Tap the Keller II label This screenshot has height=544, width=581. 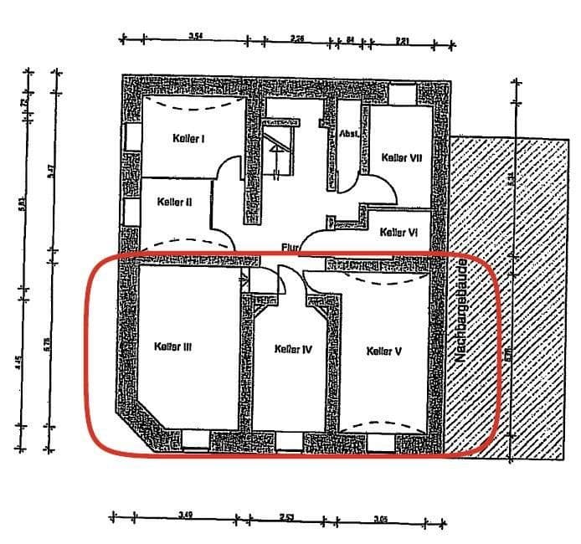pos(175,202)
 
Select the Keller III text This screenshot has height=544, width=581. pos(173,345)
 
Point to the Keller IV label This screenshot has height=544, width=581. pos(293,350)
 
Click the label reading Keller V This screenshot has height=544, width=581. pos(384,352)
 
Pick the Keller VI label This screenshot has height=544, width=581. pos(398,233)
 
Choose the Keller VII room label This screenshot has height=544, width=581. pos(400,157)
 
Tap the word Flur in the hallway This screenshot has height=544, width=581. pos(290,247)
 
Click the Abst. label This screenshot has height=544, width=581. pos(349,134)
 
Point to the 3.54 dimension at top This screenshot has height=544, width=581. pos(197,35)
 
